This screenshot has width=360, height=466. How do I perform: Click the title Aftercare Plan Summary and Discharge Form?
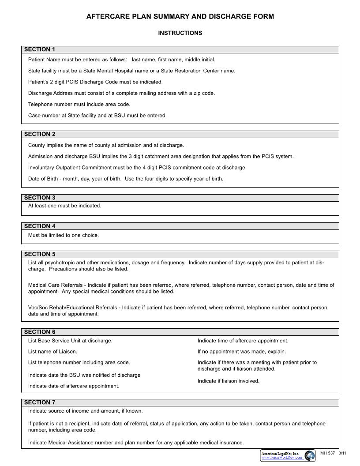180,17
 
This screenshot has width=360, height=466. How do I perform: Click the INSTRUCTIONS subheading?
180,33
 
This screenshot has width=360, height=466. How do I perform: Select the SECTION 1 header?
40,49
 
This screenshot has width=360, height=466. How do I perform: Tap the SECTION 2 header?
40,134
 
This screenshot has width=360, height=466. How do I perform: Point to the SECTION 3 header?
40,198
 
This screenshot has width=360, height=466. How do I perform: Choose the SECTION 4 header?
40,226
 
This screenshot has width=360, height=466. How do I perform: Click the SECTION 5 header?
40,254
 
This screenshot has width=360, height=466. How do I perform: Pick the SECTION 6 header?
40,332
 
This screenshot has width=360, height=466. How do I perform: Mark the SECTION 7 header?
40,402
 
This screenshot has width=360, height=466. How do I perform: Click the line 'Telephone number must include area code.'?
79,105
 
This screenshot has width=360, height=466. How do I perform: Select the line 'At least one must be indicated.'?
64,206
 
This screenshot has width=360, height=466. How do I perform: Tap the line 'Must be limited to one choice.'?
64,235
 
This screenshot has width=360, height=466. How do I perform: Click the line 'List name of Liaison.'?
52,352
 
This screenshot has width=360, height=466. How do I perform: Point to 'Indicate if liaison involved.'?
229,381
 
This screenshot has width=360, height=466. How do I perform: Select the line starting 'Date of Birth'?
126,179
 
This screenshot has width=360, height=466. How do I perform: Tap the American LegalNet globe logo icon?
310,455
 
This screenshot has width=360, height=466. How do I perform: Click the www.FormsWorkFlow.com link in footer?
281,458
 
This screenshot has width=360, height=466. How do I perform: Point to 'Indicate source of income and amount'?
86,411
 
